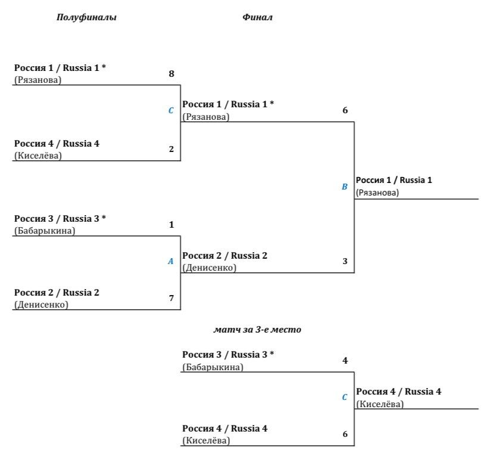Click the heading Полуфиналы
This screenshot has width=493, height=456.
click(86, 17)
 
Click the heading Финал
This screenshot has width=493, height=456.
click(257, 17)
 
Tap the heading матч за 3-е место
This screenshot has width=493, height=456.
click(257, 330)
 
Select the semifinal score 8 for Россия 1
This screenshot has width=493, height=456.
click(171, 74)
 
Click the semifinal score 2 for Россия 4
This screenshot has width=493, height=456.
click(171, 149)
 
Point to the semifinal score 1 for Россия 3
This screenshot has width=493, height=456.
click(171, 224)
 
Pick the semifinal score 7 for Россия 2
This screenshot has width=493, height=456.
click(171, 297)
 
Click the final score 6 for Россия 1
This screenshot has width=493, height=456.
click(345, 110)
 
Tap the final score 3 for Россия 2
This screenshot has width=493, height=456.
click(345, 261)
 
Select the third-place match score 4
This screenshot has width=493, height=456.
click(345, 361)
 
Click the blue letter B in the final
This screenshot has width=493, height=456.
click(345, 187)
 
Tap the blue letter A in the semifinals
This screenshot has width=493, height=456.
click(171, 261)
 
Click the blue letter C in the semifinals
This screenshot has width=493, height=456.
click(171, 110)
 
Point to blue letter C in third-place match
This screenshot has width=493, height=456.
click(345, 397)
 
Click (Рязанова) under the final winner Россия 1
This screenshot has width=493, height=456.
click(377, 193)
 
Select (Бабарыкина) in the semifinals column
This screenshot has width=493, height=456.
click(45, 231)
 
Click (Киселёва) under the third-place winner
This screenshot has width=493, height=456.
click(380, 404)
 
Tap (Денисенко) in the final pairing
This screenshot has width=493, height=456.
click(210, 268)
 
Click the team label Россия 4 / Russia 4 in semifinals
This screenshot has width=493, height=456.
click(57, 144)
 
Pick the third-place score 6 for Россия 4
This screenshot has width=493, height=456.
click(345, 434)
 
